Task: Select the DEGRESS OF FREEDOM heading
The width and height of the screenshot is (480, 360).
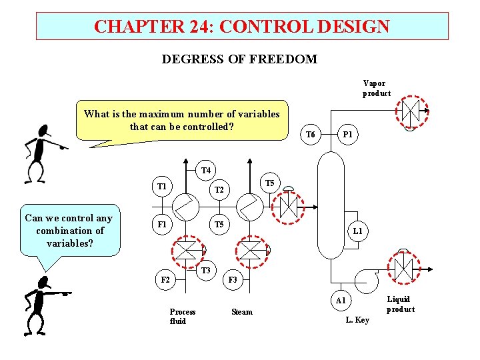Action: [239, 59]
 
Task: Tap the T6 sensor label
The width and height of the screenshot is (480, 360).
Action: [310, 135]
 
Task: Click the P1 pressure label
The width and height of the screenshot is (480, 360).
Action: [347, 135]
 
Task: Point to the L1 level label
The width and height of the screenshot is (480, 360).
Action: [358, 231]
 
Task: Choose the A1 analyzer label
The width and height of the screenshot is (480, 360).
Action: [341, 301]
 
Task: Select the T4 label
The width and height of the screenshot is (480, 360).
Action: [206, 171]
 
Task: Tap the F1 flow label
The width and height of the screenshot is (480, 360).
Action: [161, 225]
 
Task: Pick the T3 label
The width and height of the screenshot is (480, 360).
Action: [206, 270]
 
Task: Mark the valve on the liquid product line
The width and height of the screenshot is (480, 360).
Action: [403, 269]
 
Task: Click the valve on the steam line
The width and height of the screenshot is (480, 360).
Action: [251, 251]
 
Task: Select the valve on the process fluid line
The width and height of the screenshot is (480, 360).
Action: [187, 251]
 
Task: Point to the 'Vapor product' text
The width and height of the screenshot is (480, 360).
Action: [377, 88]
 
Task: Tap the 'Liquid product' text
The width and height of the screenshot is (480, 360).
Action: [400, 304]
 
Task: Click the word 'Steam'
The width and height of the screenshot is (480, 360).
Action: [241, 312]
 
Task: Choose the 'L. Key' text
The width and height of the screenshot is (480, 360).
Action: [357, 320]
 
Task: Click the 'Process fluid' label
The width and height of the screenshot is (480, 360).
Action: [183, 316]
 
